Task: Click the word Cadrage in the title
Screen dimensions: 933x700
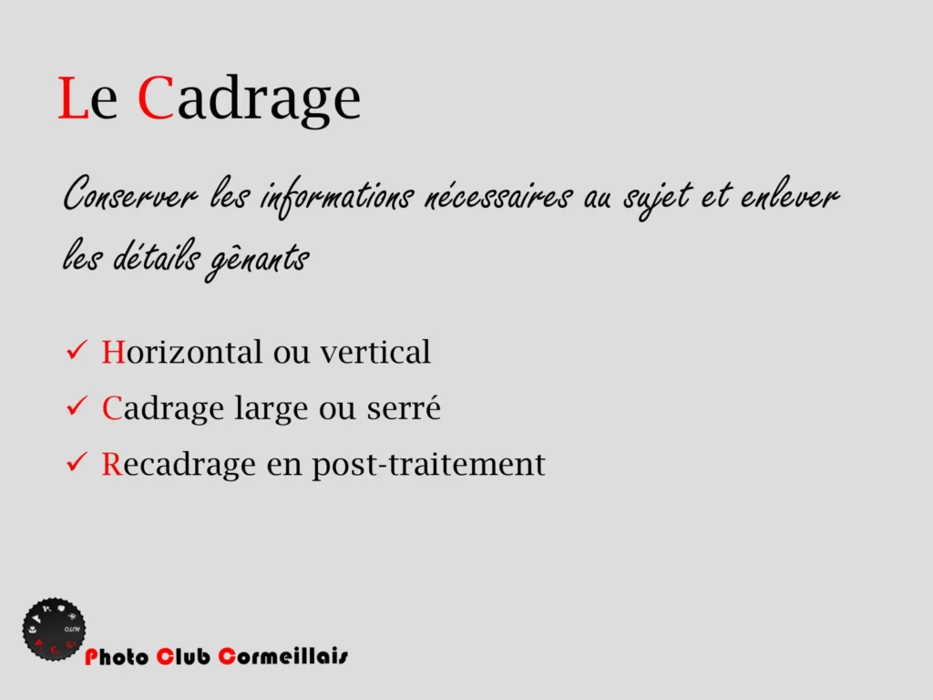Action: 249,99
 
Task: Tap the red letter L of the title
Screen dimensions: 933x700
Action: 73,98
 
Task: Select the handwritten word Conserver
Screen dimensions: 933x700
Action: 129,193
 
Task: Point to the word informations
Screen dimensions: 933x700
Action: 337,197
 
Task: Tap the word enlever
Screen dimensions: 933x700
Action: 790,193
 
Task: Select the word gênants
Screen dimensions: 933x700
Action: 257,260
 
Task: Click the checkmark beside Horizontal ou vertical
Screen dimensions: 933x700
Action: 77,350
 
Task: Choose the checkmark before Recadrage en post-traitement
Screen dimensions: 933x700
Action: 77,462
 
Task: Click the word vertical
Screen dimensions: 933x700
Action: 375,351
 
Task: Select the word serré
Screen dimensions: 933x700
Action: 404,407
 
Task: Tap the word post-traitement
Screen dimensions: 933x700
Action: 428,464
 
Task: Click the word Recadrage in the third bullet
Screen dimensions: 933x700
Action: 179,465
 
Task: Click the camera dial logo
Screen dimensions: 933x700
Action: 54,629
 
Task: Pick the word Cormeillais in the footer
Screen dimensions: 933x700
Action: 283,656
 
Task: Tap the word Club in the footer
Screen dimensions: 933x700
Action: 183,656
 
